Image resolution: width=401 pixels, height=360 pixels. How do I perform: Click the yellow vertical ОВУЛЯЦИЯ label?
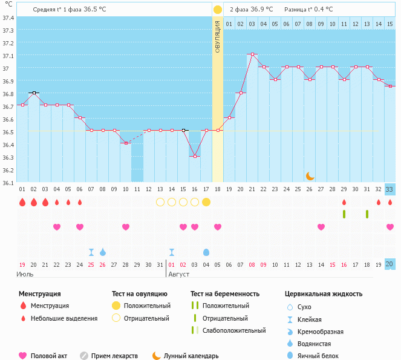[218, 36]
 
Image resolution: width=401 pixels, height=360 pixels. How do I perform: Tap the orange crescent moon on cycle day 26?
[310, 175]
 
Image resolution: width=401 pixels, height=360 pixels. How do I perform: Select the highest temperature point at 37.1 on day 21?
[252, 54]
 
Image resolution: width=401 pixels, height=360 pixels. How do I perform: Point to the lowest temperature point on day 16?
[195, 156]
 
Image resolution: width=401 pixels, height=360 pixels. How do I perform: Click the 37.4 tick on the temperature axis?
[8, 18]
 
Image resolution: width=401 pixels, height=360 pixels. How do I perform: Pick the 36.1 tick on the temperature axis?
[8, 183]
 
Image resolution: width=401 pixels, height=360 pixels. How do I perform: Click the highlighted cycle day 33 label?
[390, 189]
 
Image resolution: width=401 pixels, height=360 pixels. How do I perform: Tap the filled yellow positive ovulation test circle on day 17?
[206, 202]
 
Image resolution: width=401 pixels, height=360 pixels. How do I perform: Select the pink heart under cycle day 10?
[126, 227]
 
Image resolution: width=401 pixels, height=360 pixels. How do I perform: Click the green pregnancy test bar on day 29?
[344, 214]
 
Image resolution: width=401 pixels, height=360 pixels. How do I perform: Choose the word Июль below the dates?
[25, 274]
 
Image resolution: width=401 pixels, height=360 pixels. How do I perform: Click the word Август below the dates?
[179, 274]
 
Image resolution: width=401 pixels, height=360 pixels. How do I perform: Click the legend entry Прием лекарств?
[114, 356]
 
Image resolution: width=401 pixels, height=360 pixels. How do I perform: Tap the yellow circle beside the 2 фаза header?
[217, 10]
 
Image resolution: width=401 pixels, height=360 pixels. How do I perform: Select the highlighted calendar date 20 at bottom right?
[390, 264]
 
